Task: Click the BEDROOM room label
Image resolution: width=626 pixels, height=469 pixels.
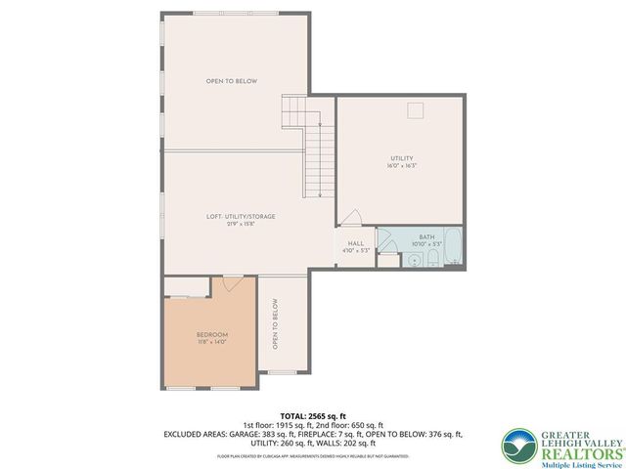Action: click(x=211, y=334)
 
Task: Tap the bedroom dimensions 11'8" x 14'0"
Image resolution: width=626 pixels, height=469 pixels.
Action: click(x=211, y=342)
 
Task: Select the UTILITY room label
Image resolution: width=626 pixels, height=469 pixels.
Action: click(x=402, y=158)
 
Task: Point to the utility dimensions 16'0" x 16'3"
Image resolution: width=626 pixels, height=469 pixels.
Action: click(x=402, y=166)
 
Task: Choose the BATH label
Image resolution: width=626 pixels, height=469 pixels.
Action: click(x=426, y=236)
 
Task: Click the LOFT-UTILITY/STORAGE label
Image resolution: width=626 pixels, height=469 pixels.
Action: click(x=241, y=216)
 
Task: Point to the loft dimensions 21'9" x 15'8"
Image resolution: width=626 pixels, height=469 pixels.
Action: click(x=241, y=224)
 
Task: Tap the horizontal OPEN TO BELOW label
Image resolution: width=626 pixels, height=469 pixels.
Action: click(x=231, y=81)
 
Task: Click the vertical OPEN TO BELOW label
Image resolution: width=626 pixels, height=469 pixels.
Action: click(x=275, y=324)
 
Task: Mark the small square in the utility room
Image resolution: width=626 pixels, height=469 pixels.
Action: click(x=415, y=109)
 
